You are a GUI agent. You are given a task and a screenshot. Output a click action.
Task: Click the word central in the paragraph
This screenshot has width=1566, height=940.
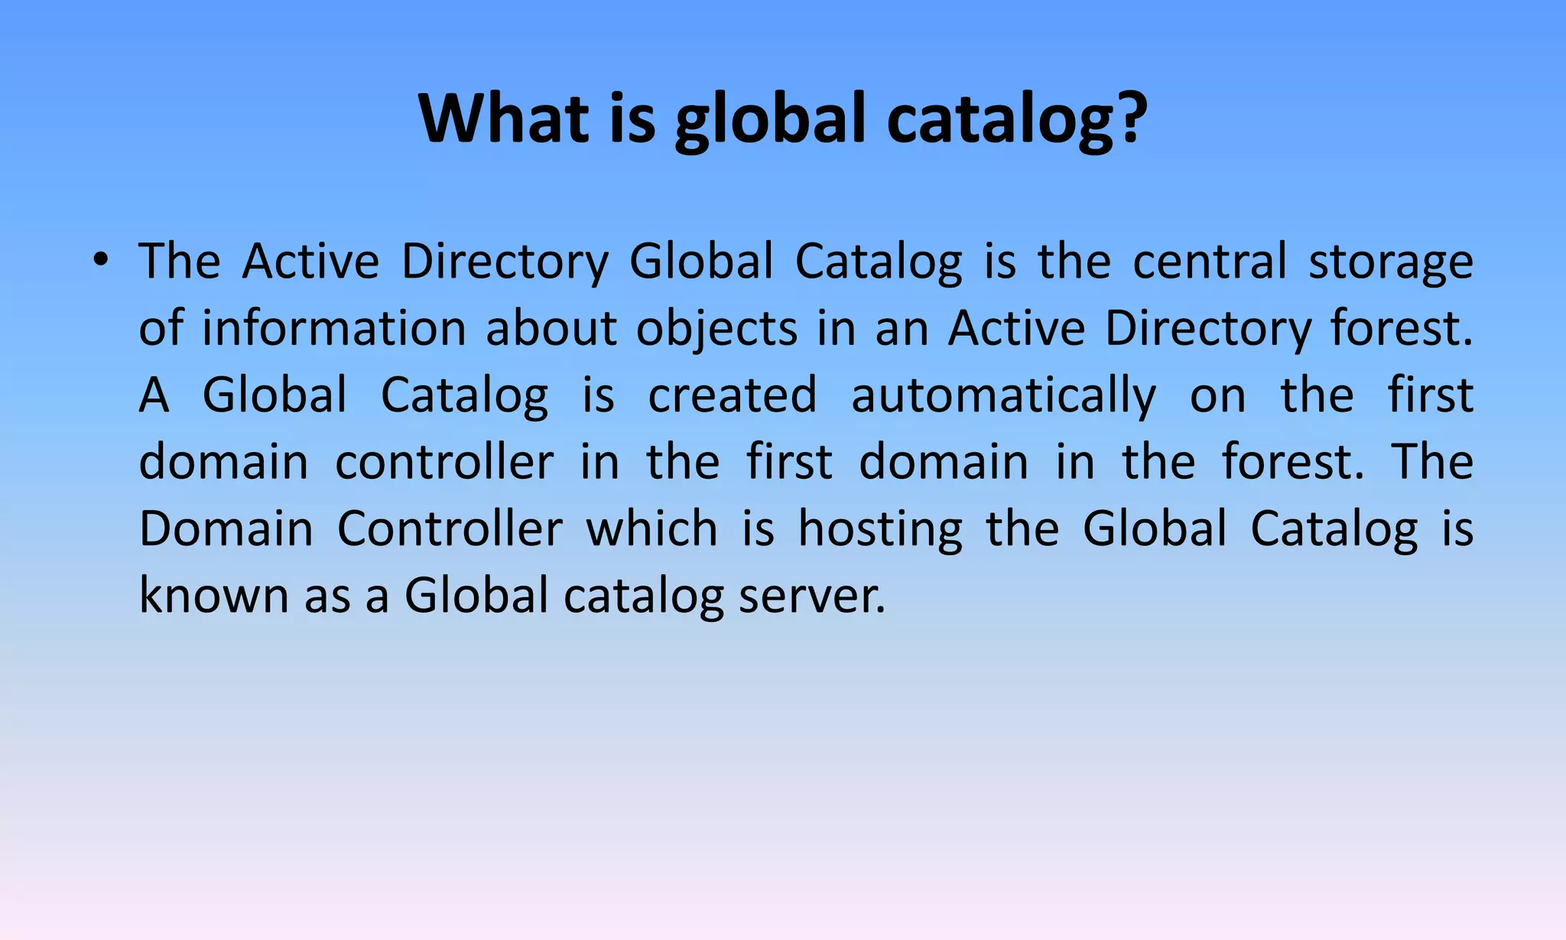click(1210, 262)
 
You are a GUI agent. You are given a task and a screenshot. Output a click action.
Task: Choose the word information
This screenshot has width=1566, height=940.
click(333, 329)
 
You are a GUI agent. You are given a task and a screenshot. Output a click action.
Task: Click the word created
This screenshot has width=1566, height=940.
click(733, 395)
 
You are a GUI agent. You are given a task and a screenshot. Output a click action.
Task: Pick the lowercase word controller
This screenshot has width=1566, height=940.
click(444, 463)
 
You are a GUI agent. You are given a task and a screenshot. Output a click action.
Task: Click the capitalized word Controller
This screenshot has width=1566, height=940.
click(450, 529)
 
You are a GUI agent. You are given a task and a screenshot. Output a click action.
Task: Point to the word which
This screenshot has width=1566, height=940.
click(651, 529)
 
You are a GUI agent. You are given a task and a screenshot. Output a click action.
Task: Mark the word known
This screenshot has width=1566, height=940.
click(213, 596)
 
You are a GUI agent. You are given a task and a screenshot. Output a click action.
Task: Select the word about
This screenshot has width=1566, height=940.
click(551, 329)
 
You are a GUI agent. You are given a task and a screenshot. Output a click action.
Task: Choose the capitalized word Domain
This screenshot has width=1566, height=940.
click(226, 529)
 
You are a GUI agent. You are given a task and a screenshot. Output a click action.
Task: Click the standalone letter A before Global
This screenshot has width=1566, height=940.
click(154, 395)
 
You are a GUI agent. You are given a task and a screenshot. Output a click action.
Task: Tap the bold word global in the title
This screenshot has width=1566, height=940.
click(770, 119)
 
